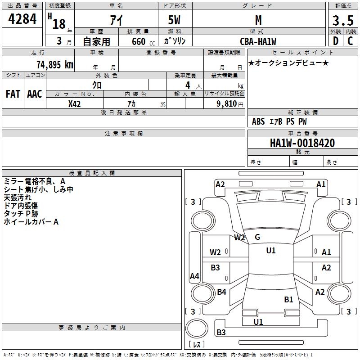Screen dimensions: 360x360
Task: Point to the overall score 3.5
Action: pos(342,21)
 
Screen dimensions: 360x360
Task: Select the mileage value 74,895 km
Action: pos(54,64)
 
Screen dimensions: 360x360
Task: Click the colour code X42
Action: pos(75,104)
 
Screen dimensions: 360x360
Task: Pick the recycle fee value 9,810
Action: pos(227,104)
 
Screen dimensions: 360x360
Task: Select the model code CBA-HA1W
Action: pos(258,41)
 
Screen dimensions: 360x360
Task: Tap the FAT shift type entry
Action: pos(13,94)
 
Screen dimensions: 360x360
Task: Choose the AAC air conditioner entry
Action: pos(34,94)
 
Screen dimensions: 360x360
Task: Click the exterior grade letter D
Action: pos(335,41)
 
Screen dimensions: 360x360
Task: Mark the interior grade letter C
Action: pos(350,41)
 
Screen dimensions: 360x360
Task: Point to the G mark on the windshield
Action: pos(257,237)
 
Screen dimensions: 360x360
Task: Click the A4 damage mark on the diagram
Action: pos(194,276)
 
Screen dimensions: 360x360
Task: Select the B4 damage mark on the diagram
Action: pos(221,292)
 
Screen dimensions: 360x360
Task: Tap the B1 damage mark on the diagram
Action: pos(288,299)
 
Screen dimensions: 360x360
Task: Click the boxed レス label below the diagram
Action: pos(198,344)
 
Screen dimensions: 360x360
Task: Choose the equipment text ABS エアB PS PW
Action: pos(280,121)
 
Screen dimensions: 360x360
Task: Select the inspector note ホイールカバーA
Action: pos(31,222)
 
